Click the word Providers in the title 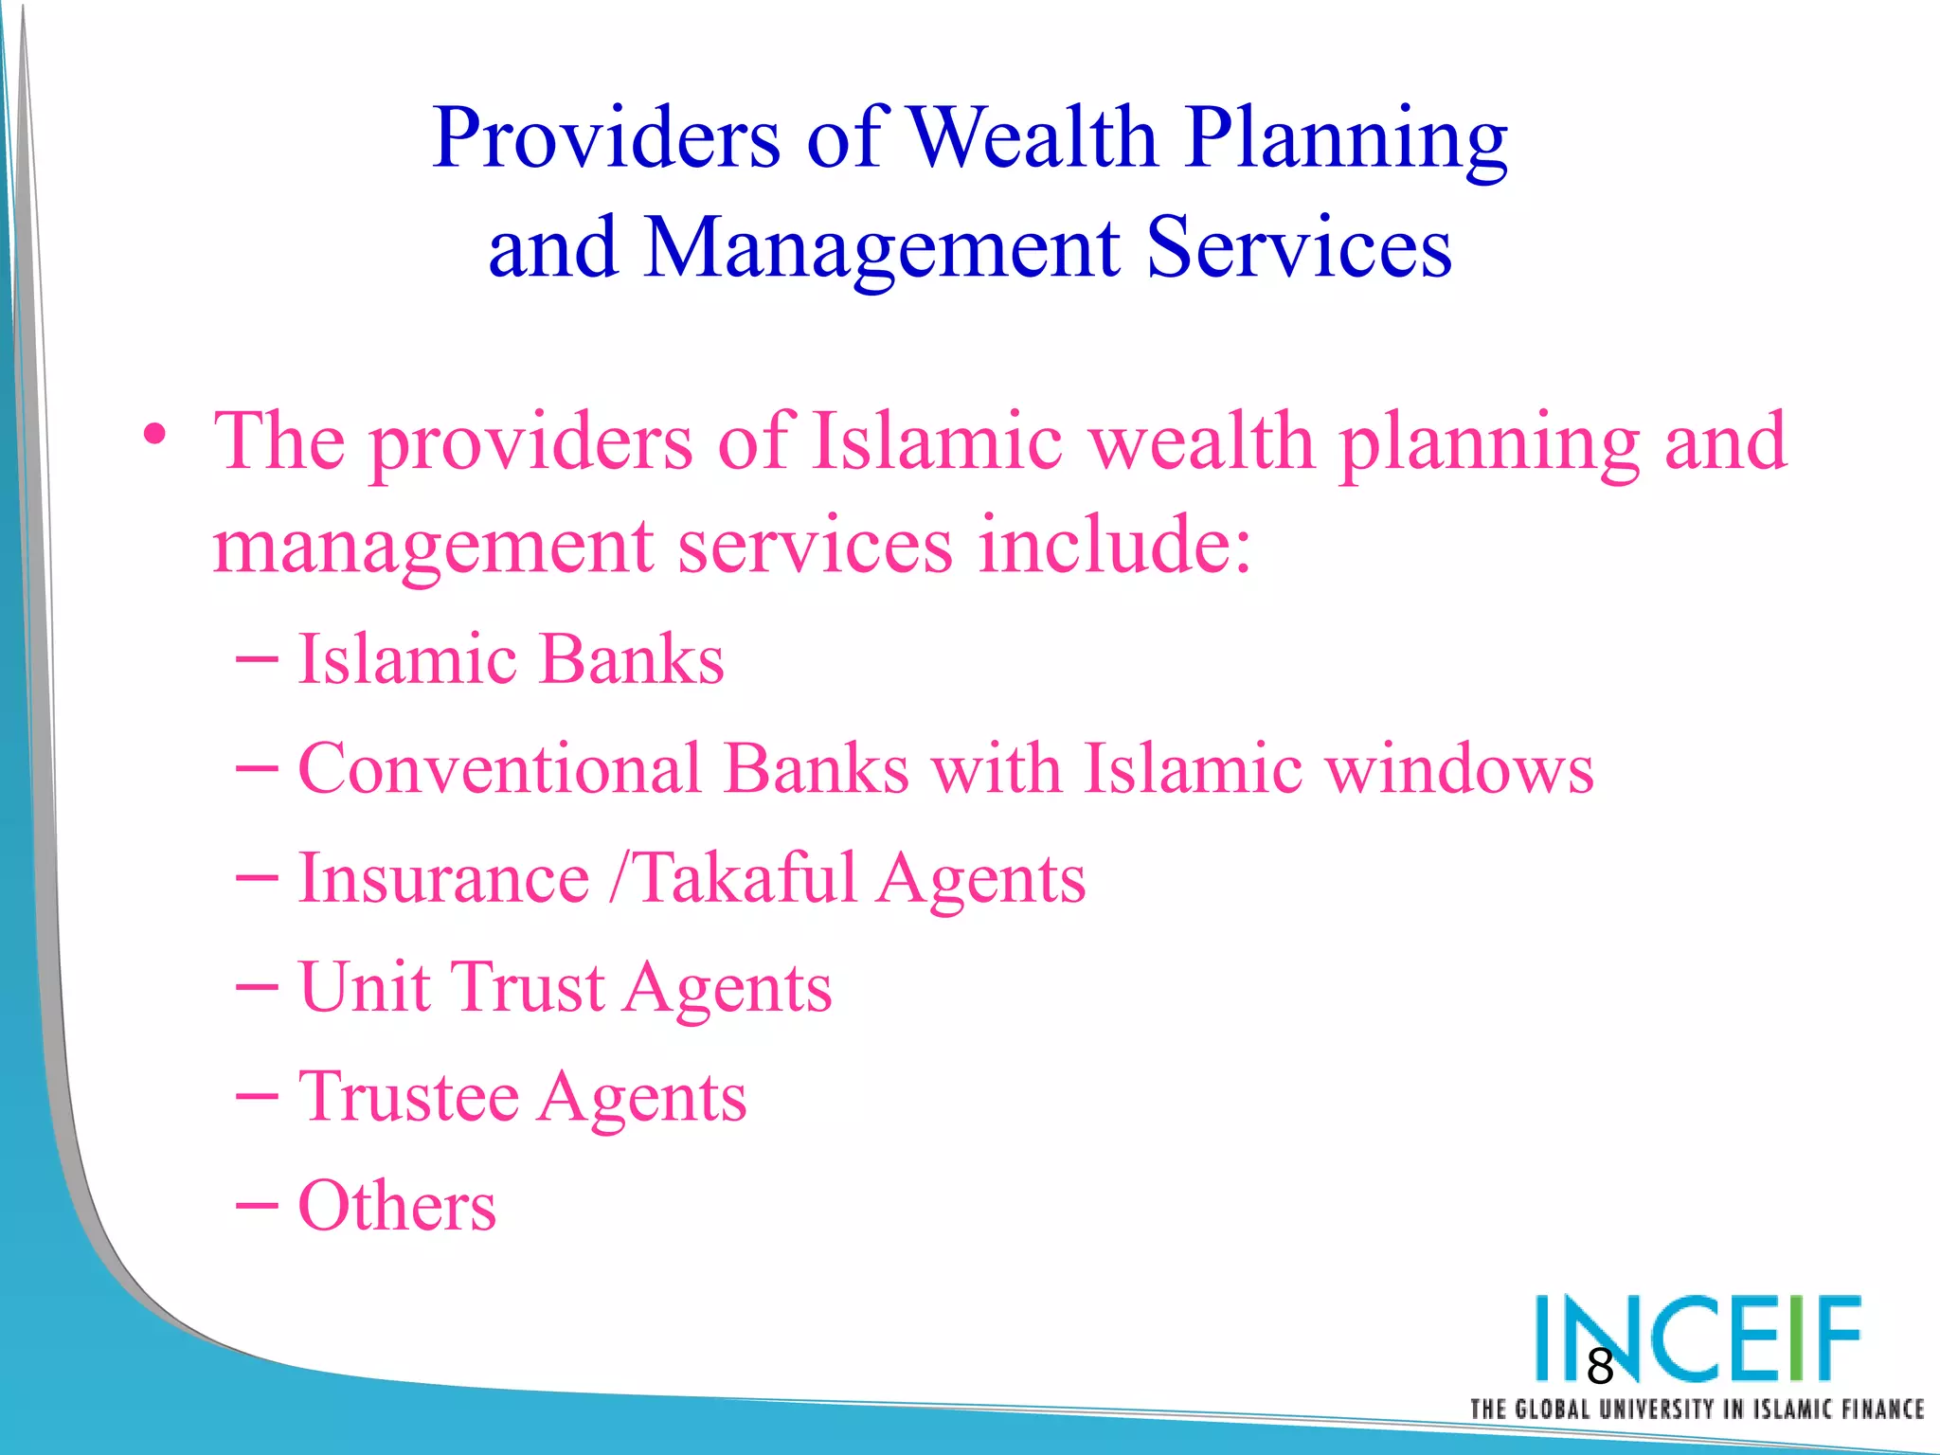(x=606, y=139)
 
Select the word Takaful (x=745, y=878)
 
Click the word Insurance (x=443, y=878)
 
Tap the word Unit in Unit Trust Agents (x=364, y=987)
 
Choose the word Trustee (x=408, y=1097)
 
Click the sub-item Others (x=397, y=1206)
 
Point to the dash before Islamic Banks (x=257, y=658)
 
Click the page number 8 (x=1600, y=1366)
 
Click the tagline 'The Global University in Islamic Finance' (x=1696, y=1410)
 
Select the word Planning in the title (x=1346, y=139)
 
